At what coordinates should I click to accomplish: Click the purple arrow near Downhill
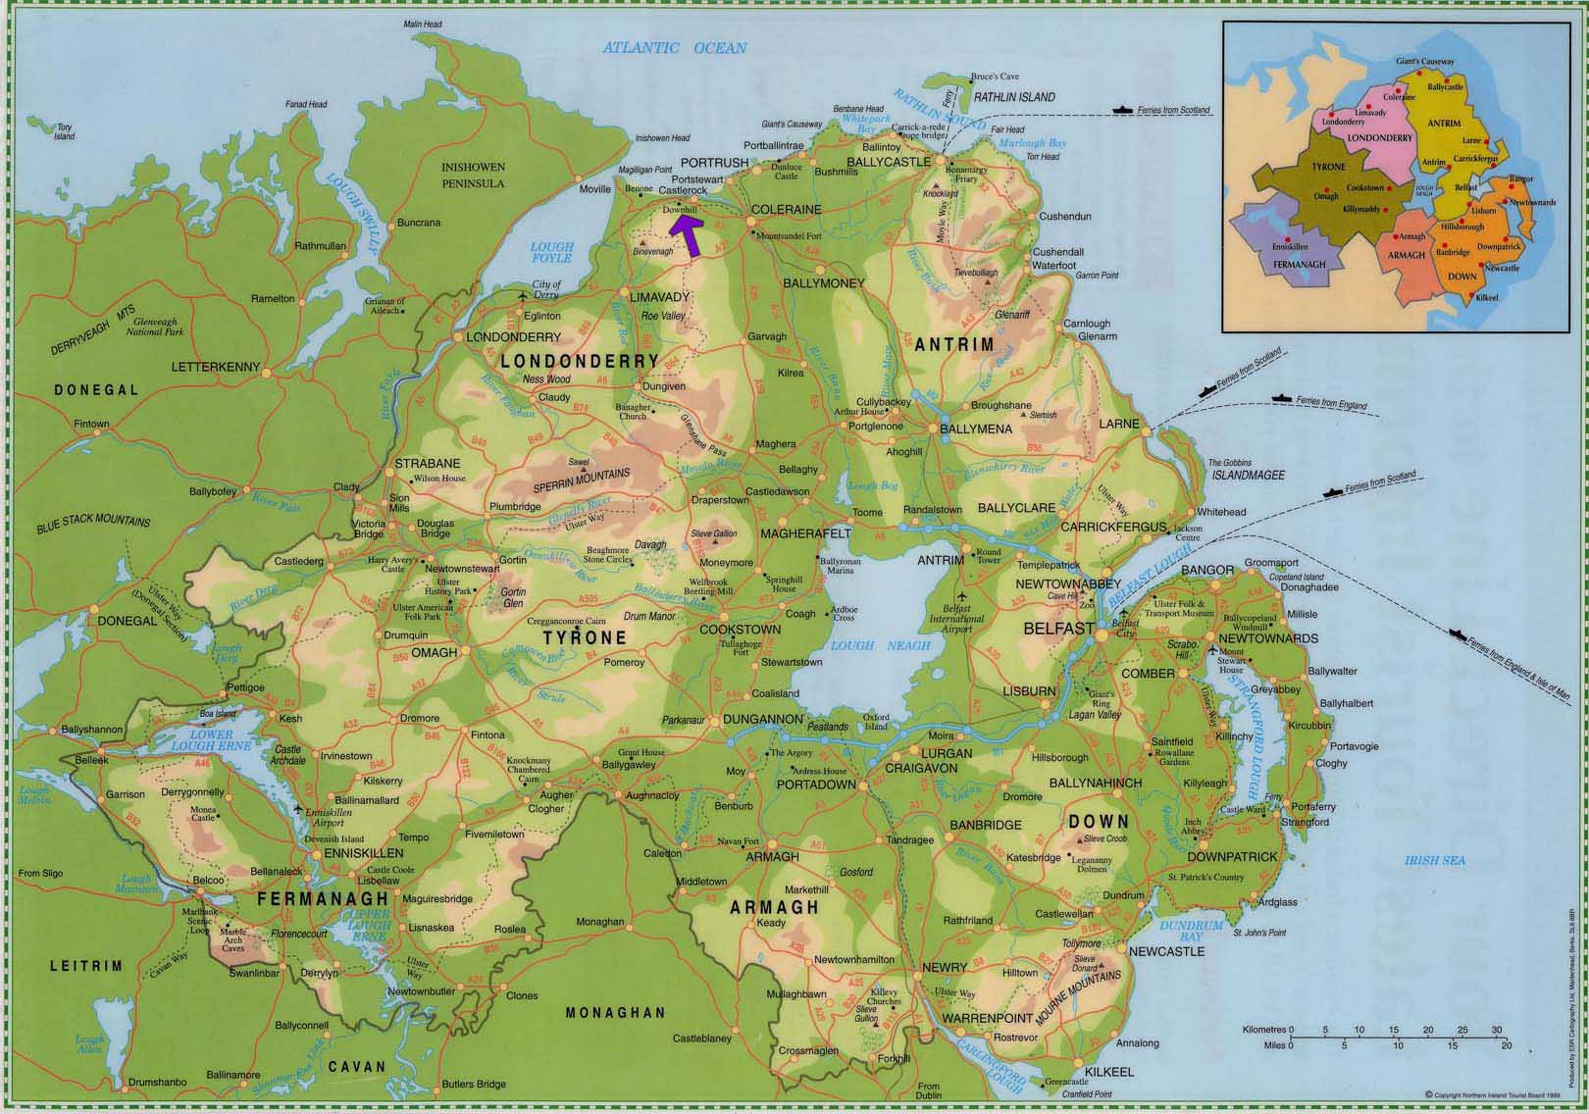687,235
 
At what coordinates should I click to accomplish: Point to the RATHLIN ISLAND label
1015,97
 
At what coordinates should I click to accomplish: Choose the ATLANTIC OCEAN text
675,47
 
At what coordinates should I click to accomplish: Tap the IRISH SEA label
1434,860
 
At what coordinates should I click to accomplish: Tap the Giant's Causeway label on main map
792,125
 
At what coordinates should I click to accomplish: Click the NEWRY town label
945,967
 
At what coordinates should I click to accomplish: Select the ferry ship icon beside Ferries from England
1279,397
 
